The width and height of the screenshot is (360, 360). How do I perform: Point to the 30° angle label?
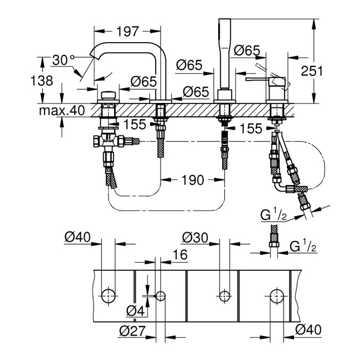click(x=63, y=59)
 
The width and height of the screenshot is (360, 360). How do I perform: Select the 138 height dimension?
click(x=42, y=80)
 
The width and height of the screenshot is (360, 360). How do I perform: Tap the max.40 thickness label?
click(x=61, y=110)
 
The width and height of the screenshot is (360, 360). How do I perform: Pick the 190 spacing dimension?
click(x=191, y=179)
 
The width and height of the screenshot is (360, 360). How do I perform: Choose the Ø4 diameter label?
click(x=135, y=311)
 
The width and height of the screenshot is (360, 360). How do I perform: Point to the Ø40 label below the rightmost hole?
click(x=308, y=331)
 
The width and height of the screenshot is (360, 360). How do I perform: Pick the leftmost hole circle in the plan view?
click(x=109, y=295)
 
